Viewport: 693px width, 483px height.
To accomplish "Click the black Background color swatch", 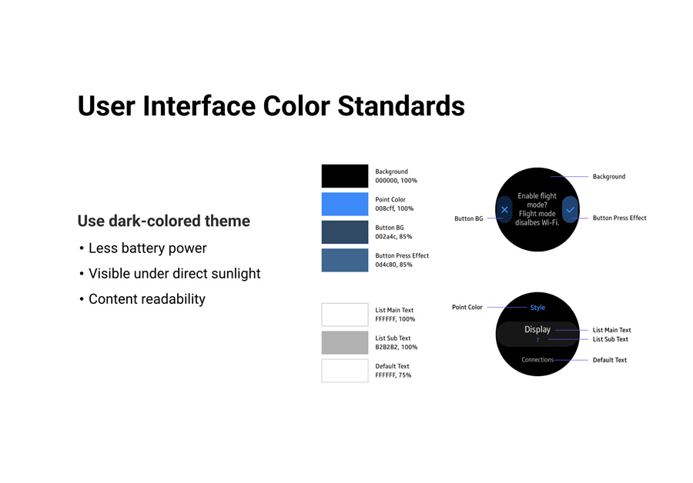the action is point(345,176).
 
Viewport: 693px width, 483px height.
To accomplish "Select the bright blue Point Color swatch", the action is point(345,204).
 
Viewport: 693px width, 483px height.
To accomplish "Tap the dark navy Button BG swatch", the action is point(345,232).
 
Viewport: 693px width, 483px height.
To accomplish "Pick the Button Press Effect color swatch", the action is point(345,260).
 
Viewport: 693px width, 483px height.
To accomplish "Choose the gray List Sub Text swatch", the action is point(345,342).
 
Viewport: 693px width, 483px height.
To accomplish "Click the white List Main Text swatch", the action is point(345,315).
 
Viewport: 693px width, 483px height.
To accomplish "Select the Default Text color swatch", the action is point(345,371).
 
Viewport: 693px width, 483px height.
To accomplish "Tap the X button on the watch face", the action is point(504,210).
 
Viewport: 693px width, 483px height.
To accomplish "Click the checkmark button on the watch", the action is point(570,210).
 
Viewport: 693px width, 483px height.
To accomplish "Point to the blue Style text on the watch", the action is point(537,308).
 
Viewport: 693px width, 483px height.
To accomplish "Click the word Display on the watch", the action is point(537,329).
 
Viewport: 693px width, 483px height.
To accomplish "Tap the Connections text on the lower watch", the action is point(537,360).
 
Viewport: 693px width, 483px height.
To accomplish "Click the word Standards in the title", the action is point(401,106).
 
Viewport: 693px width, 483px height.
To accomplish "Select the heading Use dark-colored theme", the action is point(163,221).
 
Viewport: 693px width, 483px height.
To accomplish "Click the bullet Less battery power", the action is point(148,248).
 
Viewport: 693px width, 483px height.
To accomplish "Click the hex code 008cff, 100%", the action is point(394,208).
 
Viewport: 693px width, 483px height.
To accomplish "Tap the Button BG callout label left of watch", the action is point(468,218).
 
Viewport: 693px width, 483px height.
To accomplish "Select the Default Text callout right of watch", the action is point(610,360).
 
